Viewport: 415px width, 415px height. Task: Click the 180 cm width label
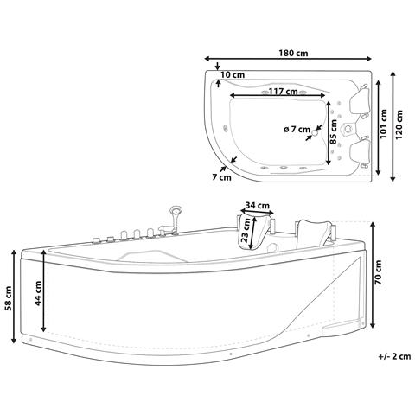coord(293,53)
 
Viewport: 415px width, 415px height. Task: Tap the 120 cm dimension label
coord(399,124)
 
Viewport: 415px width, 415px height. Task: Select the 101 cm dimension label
coord(383,124)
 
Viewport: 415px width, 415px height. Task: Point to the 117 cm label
coord(284,92)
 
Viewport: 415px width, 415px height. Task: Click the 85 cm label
coord(334,132)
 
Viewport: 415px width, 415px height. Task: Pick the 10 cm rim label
coord(233,75)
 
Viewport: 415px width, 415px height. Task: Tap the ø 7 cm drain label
coord(297,129)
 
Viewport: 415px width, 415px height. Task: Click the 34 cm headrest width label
coord(257,206)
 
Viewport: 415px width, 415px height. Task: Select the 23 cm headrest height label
coord(245,230)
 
